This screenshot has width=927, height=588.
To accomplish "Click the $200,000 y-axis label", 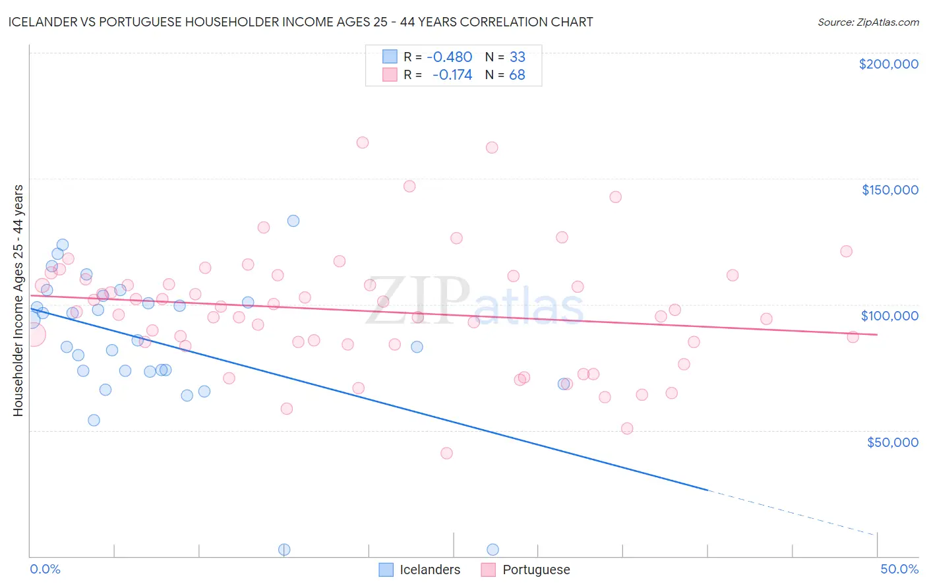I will (x=888, y=64).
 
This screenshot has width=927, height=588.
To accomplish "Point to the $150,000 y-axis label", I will (x=889, y=190).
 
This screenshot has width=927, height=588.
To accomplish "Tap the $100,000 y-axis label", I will (x=889, y=316).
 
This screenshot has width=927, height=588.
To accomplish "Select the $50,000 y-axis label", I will (x=892, y=442).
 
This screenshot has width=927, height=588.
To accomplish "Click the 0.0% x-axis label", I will (x=45, y=569).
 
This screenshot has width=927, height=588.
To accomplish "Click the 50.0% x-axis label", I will (x=899, y=569).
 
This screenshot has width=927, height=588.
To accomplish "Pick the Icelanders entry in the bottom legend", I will (x=429, y=570).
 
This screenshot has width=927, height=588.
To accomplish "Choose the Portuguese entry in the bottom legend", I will (x=535, y=570).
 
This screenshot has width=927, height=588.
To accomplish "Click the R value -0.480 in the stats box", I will (x=450, y=57).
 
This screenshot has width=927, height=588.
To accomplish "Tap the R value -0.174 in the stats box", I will (x=452, y=74).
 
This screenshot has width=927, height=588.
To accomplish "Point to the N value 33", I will (x=517, y=57).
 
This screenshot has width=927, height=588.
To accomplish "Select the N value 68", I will (x=517, y=74).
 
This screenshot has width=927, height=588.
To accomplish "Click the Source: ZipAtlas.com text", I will (x=868, y=22).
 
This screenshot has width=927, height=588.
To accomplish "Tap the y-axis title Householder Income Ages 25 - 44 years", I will (x=18, y=301).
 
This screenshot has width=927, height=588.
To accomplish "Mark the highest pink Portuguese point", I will (x=362, y=142).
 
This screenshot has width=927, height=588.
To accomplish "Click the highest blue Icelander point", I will (x=293, y=221).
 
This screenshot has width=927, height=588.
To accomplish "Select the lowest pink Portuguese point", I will (x=446, y=453).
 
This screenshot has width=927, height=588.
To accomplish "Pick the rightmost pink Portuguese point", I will (x=852, y=337).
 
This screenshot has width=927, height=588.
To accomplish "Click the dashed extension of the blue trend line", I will (x=791, y=512).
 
